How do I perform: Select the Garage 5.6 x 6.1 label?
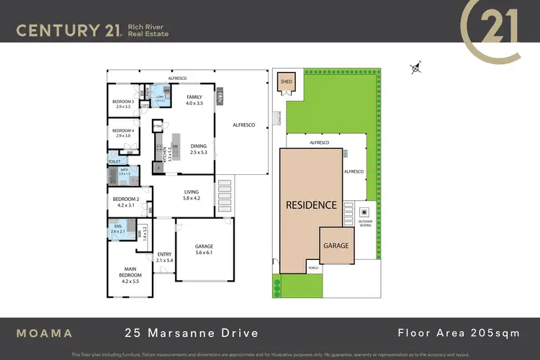(x=204, y=250)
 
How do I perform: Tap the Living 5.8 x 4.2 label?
(x=191, y=195)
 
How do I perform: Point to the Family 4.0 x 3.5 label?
(x=194, y=100)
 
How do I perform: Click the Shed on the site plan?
(x=287, y=82)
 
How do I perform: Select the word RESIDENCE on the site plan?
(x=311, y=204)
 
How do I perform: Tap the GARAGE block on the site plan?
(x=335, y=246)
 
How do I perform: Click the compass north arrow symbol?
(x=415, y=68)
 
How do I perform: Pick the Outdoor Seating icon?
(x=364, y=212)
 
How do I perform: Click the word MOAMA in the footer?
(x=45, y=333)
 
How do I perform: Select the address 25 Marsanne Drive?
(x=191, y=333)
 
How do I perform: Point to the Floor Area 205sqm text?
(x=459, y=333)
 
